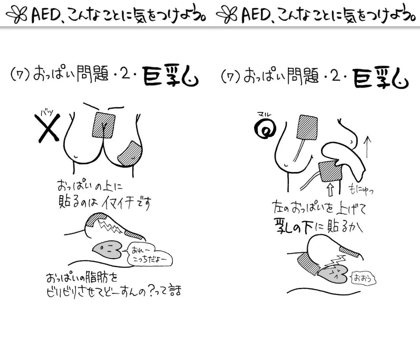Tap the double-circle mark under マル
click(x=265, y=128)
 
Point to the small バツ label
click(x=47, y=112)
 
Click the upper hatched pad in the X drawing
click(x=103, y=125)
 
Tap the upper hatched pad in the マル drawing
click(x=308, y=127)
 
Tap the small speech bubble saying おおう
click(x=363, y=279)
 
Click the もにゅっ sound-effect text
click(x=361, y=189)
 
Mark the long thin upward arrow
click(x=368, y=147)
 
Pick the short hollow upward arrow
click(x=330, y=189)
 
